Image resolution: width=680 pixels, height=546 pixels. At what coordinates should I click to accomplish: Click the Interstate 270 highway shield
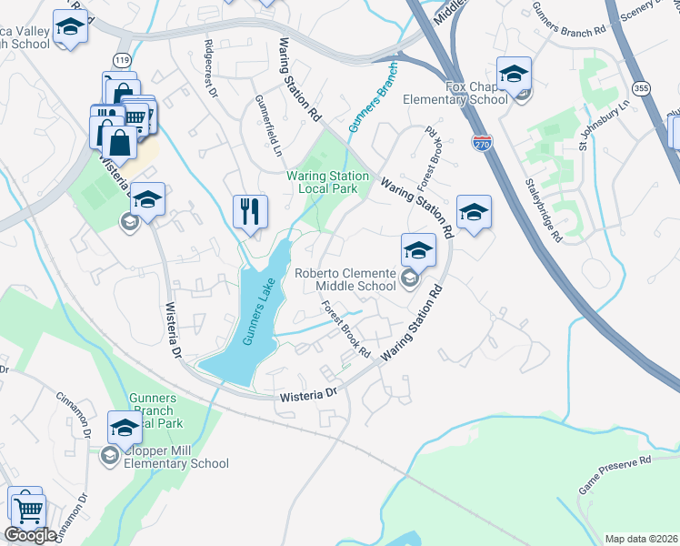[x=482, y=142]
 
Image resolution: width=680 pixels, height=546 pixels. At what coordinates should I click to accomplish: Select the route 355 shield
[x=642, y=88]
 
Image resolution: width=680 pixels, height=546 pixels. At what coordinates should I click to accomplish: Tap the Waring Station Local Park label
[x=328, y=182]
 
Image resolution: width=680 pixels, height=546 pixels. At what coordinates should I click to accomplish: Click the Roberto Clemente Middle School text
[x=345, y=279]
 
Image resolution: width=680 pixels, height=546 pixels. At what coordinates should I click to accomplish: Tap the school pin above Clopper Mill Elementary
[x=125, y=426]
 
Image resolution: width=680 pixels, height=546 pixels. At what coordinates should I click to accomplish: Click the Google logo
[x=30, y=535]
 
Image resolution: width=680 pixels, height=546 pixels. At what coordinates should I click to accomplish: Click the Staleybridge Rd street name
[x=542, y=210]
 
